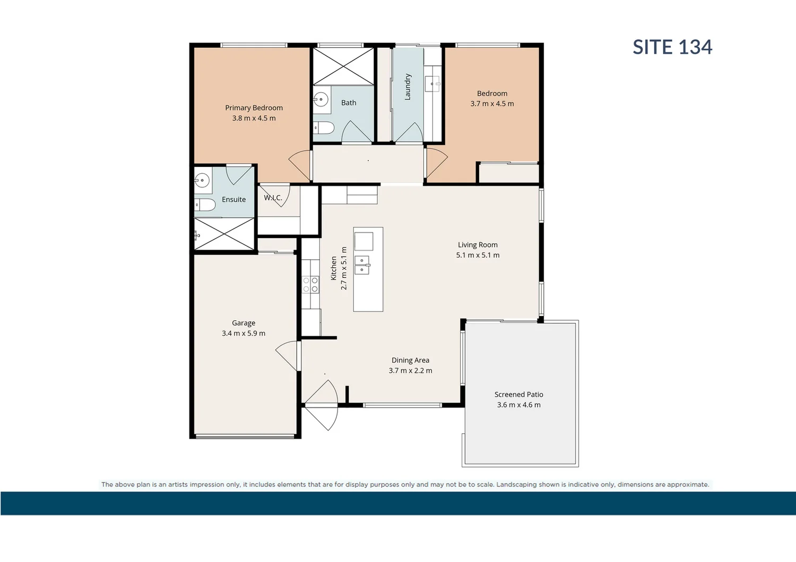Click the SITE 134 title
[x=672, y=47]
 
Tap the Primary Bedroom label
[x=254, y=108]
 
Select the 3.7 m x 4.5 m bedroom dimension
[x=492, y=104]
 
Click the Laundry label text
[x=408, y=87]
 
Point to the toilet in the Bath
[x=323, y=128]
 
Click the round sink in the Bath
[x=321, y=99]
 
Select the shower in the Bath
[x=343, y=66]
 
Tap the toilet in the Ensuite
[x=205, y=205]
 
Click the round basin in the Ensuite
[x=202, y=180]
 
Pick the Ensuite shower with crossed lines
[x=224, y=233]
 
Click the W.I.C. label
[x=273, y=198]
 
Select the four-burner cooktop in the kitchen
[x=310, y=285]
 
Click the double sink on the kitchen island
[x=362, y=265]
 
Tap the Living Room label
[x=478, y=245]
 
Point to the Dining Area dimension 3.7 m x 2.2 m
[x=410, y=371]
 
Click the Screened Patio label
[x=518, y=394]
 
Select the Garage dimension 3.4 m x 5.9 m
[x=244, y=333]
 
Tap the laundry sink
[x=433, y=83]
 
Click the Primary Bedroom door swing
[x=300, y=163]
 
